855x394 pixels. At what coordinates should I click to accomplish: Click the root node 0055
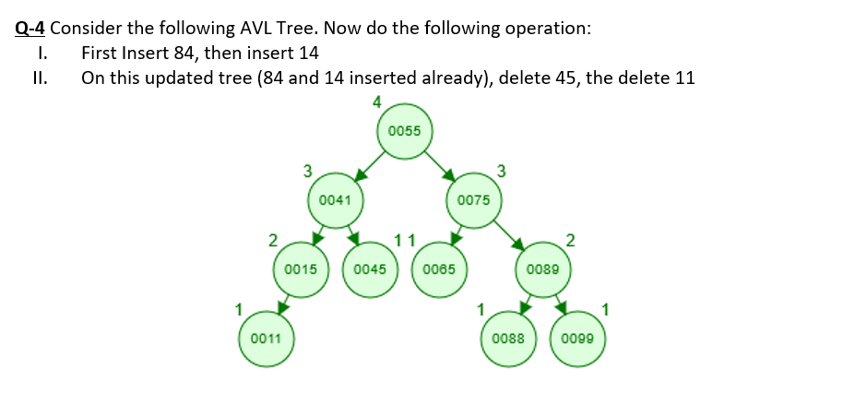pos(404,131)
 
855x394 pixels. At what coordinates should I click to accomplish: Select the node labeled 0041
pos(334,199)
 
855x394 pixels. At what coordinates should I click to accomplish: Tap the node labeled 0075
pos(473,199)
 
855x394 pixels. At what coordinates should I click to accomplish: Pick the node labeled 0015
pos(301,269)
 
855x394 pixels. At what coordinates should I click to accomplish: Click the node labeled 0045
pos(369,269)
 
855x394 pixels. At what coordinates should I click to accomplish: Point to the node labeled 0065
pos(439,269)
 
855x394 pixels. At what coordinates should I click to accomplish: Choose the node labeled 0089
pos(543,269)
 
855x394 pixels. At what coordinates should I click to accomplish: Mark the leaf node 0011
pos(266,339)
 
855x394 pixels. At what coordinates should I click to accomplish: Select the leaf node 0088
pos(508,339)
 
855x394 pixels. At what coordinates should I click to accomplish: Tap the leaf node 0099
pos(578,339)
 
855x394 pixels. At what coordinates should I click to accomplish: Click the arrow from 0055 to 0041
pos(369,165)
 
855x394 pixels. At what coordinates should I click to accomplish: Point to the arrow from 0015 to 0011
pos(283,304)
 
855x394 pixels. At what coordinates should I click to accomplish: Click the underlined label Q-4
pos(31,28)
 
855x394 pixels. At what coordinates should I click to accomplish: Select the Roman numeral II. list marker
pos(39,78)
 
